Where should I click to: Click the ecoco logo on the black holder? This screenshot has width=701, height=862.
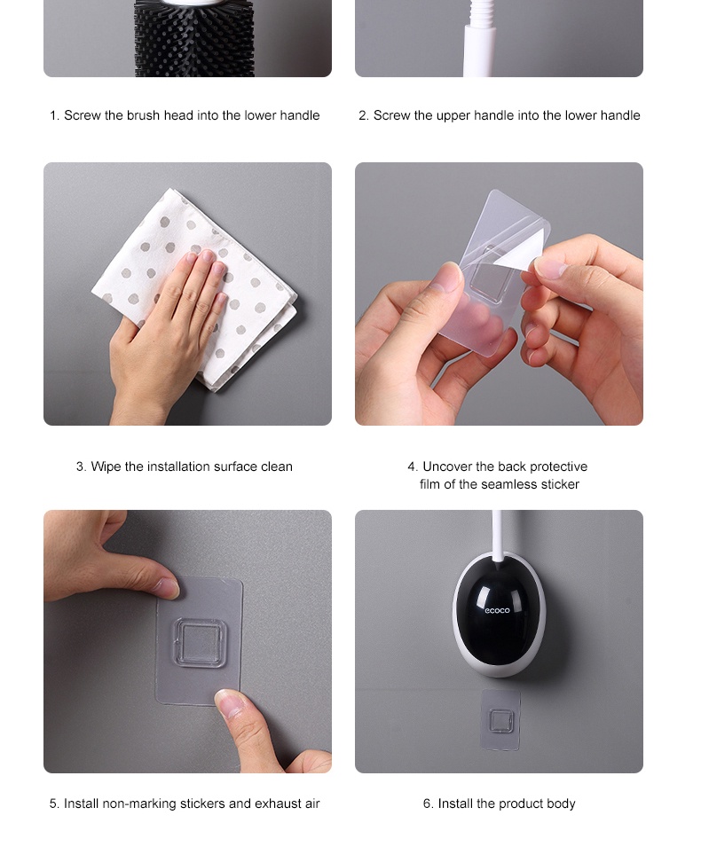click(498, 609)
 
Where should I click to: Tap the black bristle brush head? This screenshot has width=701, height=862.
click(193, 38)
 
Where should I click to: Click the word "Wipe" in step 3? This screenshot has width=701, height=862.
click(106, 466)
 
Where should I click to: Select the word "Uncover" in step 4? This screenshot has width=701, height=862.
click(446, 466)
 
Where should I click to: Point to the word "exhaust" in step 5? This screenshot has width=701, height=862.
click(278, 803)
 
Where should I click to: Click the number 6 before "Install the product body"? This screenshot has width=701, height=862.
click(427, 803)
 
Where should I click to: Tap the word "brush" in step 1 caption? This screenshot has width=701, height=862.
click(143, 115)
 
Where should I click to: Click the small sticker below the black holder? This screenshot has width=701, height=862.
click(500, 719)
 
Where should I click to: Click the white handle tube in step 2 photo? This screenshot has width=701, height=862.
click(480, 38)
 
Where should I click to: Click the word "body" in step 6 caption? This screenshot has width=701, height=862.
click(562, 804)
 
